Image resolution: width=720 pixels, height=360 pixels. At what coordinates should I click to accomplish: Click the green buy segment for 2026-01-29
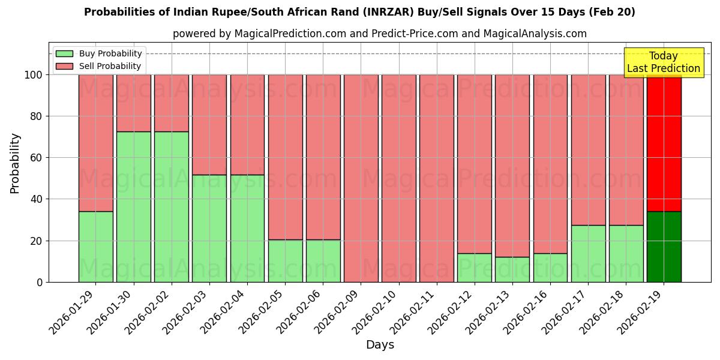(95, 247)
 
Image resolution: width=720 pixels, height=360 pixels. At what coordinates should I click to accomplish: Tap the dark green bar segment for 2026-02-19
(664, 247)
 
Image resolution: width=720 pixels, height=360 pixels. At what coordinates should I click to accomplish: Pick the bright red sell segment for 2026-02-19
(664, 144)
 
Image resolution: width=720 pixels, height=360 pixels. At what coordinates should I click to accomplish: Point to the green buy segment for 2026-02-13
(512, 269)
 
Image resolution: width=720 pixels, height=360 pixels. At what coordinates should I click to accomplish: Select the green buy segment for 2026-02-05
(285, 261)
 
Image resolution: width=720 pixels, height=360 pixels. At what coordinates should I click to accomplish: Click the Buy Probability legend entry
(98, 54)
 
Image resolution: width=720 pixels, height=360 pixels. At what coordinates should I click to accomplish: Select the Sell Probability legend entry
(98, 66)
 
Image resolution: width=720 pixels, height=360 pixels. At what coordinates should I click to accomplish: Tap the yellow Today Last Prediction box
(664, 62)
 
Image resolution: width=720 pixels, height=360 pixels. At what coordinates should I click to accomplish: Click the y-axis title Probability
(15, 163)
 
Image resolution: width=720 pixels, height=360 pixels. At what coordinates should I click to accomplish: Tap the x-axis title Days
(380, 345)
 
